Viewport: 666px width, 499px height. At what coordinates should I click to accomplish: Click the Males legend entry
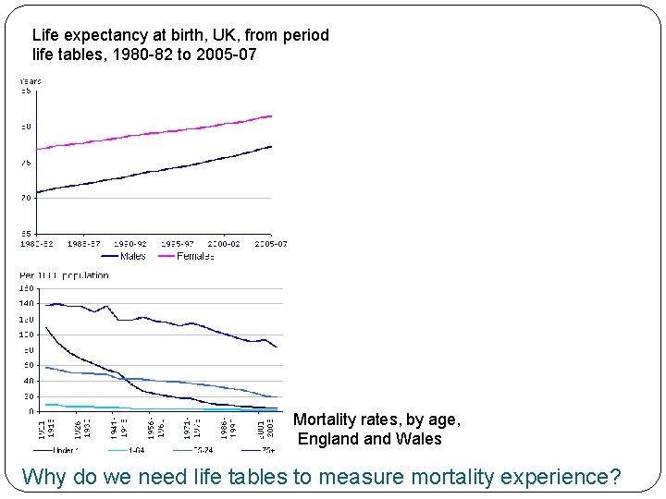[132, 256]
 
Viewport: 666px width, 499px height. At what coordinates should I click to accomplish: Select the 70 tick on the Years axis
[26, 197]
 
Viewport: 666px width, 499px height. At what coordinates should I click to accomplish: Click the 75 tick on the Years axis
[26, 162]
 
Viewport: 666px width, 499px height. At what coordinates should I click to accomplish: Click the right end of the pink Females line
[271, 116]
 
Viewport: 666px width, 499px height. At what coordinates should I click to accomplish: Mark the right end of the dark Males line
[271, 146]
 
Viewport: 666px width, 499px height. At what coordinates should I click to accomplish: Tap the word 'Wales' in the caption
[420, 439]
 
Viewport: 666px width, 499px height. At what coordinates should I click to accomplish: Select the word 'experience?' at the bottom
[565, 477]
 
